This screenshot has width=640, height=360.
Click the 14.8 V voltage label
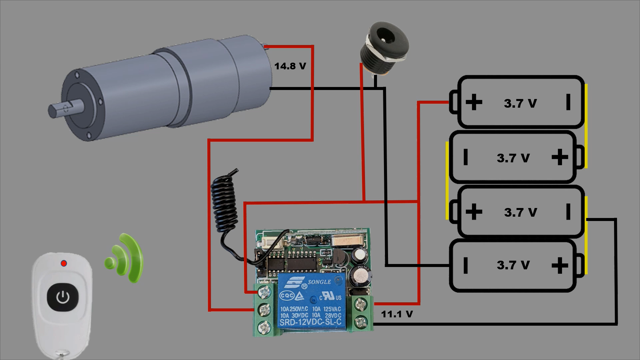(x=290, y=66)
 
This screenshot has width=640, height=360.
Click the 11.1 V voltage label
(x=397, y=314)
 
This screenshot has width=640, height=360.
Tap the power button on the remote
(x=63, y=297)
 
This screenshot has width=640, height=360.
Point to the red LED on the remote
(x=64, y=263)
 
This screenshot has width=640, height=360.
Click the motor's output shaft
(x=63, y=109)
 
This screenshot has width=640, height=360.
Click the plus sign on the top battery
(x=474, y=102)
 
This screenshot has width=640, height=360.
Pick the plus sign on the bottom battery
(x=560, y=265)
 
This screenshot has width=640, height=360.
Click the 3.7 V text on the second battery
(x=513, y=158)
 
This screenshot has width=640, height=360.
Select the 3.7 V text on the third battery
(x=520, y=212)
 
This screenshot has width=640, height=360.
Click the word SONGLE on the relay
(x=319, y=282)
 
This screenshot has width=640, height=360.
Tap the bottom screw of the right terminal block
(x=360, y=322)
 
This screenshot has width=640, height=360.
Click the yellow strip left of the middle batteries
(x=447, y=180)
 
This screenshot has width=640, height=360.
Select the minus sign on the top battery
(x=568, y=102)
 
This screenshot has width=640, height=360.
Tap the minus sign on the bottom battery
(x=466, y=265)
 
